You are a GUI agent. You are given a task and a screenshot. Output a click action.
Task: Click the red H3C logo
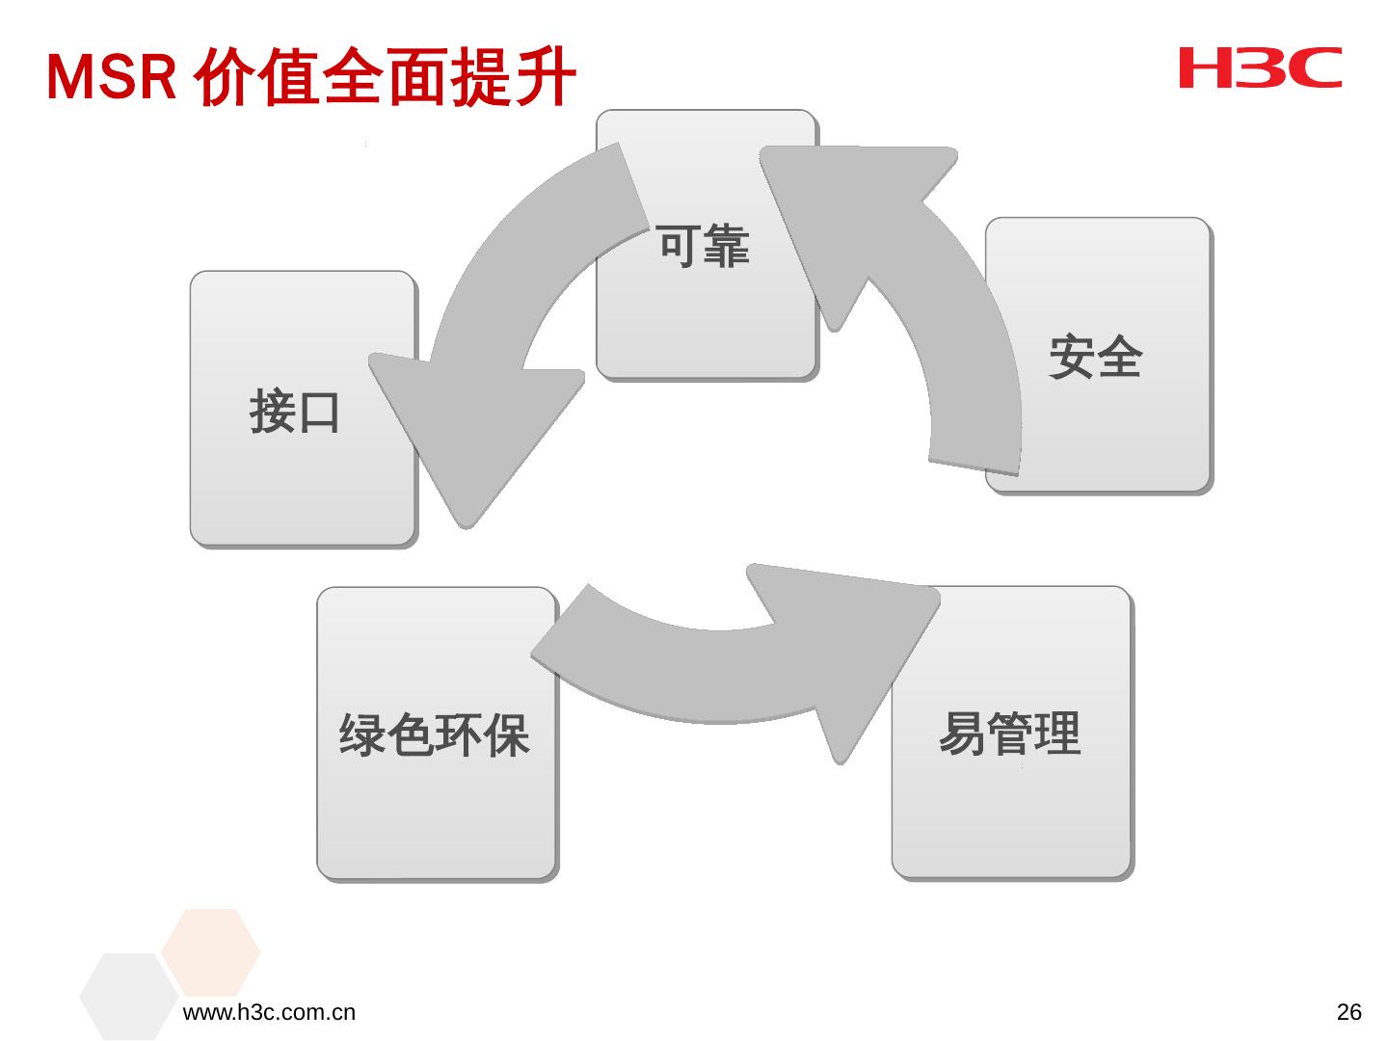(1260, 68)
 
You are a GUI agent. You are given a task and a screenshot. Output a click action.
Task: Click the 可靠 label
(704, 246)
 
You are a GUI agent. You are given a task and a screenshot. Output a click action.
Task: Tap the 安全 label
(1095, 358)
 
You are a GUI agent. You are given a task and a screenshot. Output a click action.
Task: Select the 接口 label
(295, 412)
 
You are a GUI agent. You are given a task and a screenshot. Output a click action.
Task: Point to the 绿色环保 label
(435, 734)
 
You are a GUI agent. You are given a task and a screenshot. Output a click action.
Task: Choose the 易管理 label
(1009, 734)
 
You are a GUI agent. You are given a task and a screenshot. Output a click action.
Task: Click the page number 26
(1349, 1012)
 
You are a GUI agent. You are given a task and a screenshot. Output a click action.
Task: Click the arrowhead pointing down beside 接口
(470, 434)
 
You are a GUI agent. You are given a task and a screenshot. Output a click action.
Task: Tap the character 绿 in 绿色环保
(362, 734)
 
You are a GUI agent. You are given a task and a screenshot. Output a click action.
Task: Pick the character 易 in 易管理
(962, 734)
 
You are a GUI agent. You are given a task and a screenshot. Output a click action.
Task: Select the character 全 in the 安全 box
(1119, 358)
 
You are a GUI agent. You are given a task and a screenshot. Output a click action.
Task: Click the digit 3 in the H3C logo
(1259, 68)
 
